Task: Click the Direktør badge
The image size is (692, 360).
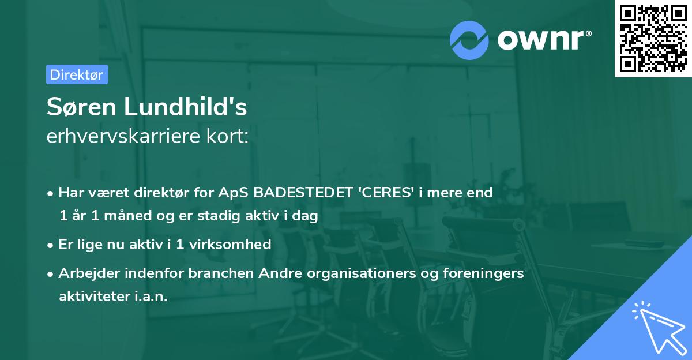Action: [77, 74]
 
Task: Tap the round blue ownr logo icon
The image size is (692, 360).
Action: [469, 40]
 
